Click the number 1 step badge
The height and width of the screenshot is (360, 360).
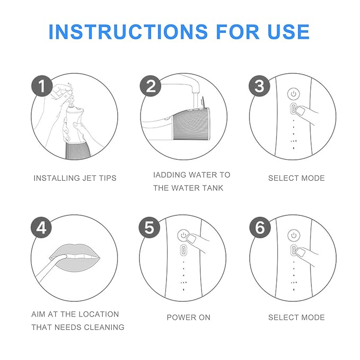point(42,86)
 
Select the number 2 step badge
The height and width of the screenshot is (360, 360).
point(151,86)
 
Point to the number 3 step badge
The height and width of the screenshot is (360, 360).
point(259,86)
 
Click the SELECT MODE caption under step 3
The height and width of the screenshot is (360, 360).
point(296,178)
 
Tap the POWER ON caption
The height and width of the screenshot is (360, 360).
point(188,317)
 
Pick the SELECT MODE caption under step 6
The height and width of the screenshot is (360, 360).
point(296,317)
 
